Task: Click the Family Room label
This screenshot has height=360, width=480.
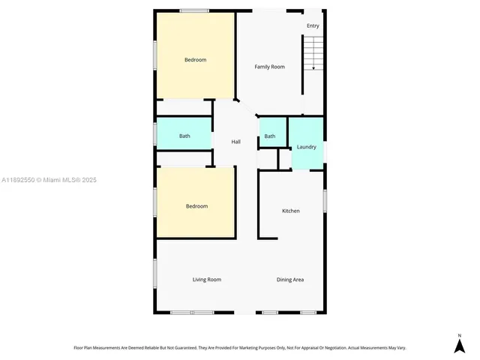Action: [x=269, y=67]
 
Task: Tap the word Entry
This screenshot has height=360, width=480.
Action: [x=313, y=26]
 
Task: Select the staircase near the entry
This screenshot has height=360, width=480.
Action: [x=313, y=52]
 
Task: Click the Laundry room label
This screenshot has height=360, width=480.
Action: [x=307, y=147]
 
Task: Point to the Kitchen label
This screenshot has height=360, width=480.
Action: [x=290, y=211]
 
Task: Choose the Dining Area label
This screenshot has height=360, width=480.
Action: [x=290, y=280]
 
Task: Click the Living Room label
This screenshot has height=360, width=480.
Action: [x=207, y=280]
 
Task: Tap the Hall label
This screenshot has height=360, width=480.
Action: [x=235, y=142]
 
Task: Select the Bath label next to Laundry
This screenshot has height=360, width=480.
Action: [x=270, y=136]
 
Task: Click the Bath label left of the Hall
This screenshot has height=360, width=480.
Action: [x=184, y=136]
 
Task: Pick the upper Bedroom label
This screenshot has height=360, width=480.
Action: [x=196, y=60]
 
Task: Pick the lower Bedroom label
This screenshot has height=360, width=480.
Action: [x=196, y=206]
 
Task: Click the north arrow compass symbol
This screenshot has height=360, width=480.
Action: [x=460, y=345]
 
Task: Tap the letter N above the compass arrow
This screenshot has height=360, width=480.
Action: [x=460, y=334]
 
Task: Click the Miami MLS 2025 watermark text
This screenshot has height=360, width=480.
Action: [x=49, y=180]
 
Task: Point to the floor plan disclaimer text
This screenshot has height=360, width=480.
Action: [x=239, y=347]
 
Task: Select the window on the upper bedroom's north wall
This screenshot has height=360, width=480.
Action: [x=194, y=10]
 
